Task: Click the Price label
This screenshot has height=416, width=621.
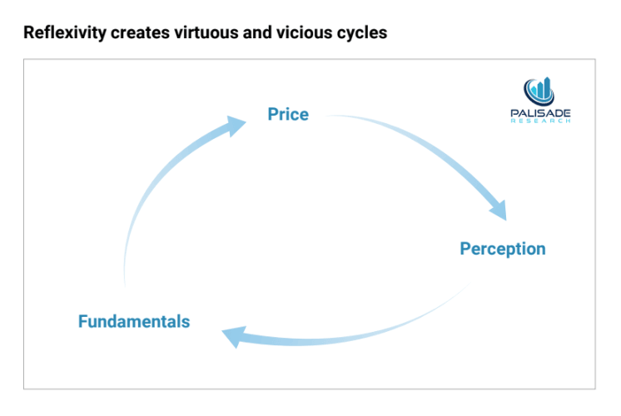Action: click(288, 114)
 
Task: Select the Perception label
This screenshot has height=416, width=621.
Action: click(503, 250)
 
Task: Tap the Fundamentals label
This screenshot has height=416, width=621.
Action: click(134, 321)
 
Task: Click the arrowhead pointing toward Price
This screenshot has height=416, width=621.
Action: click(236, 126)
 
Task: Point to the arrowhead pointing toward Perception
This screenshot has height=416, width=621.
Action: click(499, 210)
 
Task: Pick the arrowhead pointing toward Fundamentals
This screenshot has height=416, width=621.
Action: click(235, 336)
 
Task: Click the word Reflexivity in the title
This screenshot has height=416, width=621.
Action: click(65, 32)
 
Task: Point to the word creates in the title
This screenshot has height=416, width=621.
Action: click(140, 32)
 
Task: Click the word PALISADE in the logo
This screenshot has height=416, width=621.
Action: click(540, 113)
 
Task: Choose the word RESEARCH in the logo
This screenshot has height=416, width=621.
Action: click(540, 121)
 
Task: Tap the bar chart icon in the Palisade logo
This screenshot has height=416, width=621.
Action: click(539, 91)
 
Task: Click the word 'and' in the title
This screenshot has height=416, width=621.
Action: click(258, 32)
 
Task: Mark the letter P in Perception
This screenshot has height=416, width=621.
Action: click(465, 249)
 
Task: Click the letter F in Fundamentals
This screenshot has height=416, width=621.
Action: click(82, 321)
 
